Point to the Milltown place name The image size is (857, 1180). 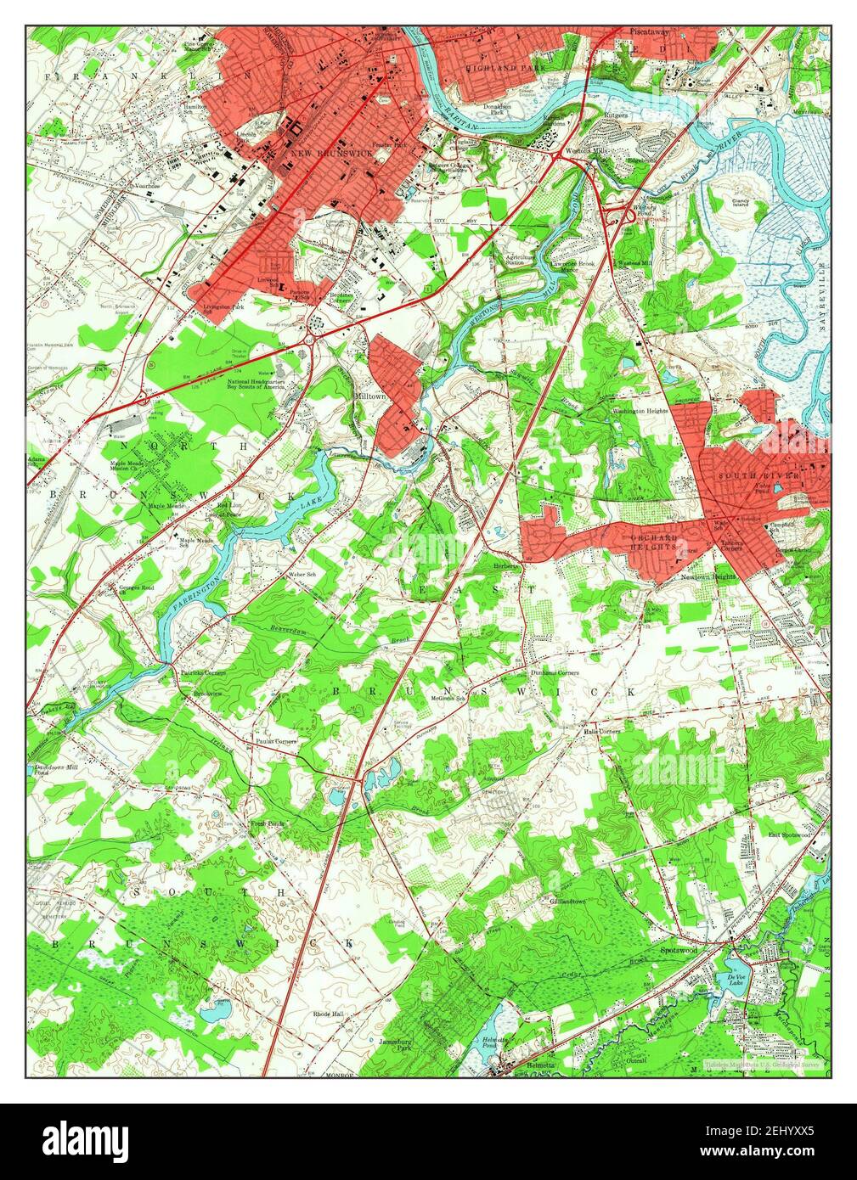[370, 396]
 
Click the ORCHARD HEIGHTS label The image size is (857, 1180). [653, 542]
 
